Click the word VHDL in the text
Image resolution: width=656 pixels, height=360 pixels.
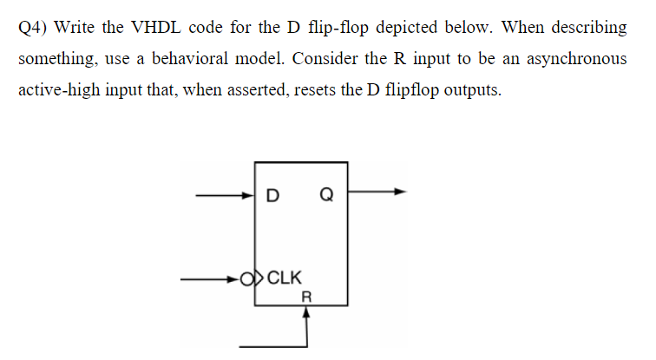click(x=154, y=27)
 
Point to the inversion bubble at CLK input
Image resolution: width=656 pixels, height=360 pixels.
click(x=249, y=279)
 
